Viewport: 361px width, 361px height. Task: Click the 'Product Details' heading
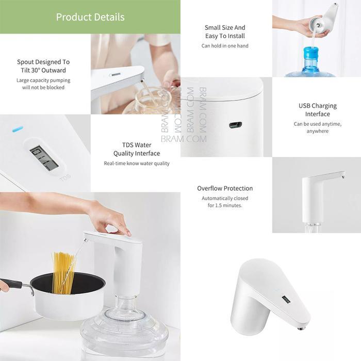coord(90,17)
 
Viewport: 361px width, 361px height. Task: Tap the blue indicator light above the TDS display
coord(18,128)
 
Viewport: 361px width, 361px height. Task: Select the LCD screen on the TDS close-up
coord(44,158)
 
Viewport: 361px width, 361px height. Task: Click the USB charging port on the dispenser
coord(235,125)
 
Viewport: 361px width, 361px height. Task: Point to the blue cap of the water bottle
coord(311,53)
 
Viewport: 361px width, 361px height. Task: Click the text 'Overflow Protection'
coord(225,188)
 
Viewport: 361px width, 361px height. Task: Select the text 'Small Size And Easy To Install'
coord(225,31)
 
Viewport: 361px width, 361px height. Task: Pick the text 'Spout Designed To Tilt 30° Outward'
coord(43,66)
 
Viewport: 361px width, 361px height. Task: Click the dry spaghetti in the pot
coord(63,270)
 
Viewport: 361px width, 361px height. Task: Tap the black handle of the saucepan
coord(11,283)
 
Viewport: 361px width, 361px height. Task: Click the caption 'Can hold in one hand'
coord(225,46)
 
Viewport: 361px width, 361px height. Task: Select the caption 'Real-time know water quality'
coord(137,163)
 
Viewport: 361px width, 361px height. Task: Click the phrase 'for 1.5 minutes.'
coord(225,205)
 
